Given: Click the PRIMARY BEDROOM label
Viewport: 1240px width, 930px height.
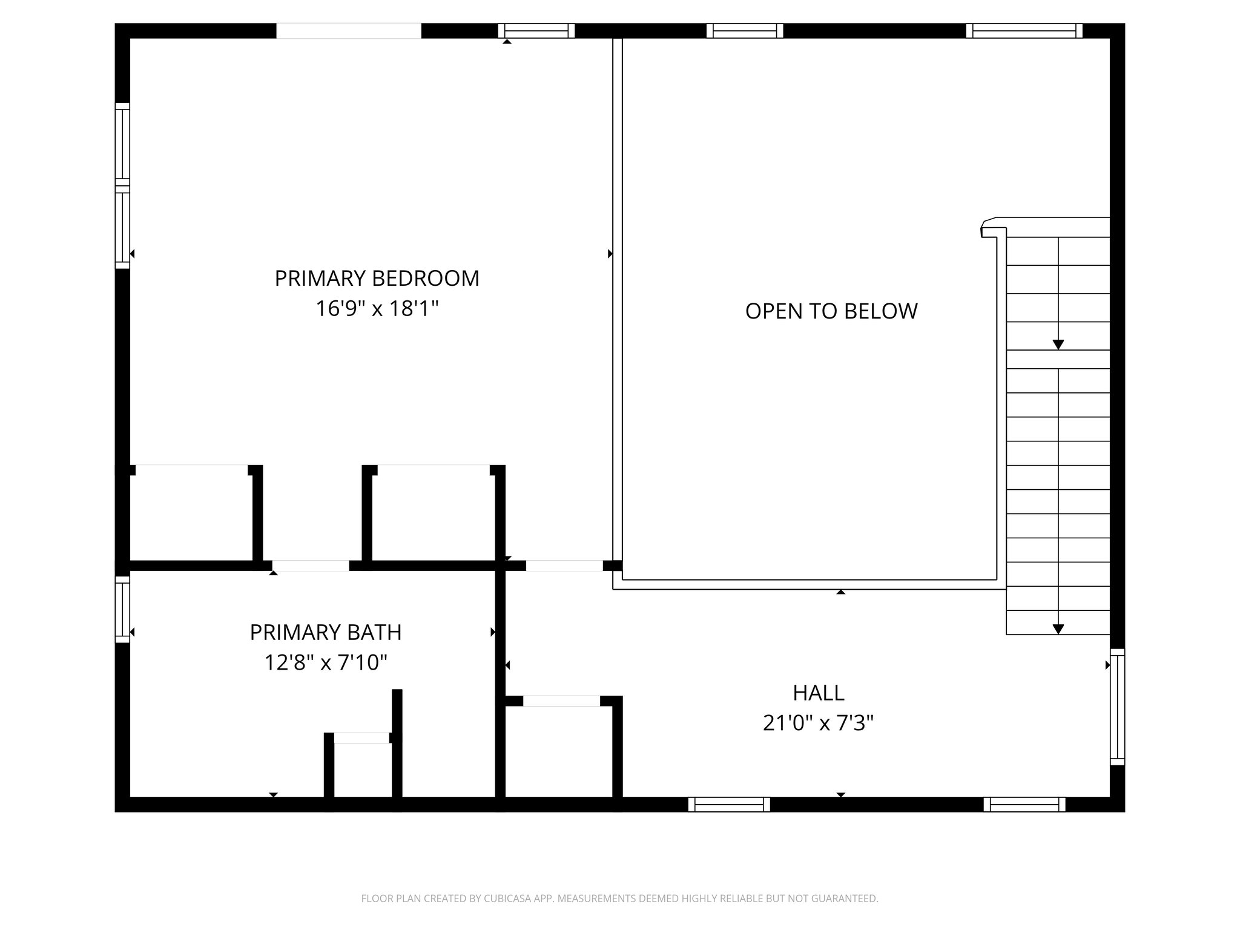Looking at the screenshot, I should point(377,279).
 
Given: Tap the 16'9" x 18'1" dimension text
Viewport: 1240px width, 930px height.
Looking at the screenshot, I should point(377,309).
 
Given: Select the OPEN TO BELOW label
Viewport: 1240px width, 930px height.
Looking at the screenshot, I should point(831,311).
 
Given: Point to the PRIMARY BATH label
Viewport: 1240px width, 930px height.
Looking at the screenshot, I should point(326,633).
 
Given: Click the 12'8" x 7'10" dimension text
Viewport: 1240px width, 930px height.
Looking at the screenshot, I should point(326,663).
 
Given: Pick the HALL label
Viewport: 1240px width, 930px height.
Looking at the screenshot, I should point(819,693).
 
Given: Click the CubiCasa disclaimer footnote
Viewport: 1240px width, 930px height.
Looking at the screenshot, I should point(619,899).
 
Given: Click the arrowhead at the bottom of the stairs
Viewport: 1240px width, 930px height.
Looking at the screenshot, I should point(1058,629).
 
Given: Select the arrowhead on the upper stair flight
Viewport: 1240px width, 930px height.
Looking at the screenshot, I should point(1058,345).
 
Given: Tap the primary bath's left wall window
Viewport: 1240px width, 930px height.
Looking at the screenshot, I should point(122,609).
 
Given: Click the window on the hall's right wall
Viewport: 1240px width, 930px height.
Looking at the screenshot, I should point(1117,707).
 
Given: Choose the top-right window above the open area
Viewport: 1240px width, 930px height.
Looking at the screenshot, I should point(1024,31).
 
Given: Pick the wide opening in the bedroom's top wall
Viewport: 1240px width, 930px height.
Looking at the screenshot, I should point(349,31).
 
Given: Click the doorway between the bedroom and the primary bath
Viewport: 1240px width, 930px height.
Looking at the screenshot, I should point(311,566).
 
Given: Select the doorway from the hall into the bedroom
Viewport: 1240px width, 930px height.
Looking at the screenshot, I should point(564,566).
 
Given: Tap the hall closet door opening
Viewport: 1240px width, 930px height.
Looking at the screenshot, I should point(561,701).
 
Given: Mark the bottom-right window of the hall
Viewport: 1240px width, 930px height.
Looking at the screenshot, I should point(1024,804).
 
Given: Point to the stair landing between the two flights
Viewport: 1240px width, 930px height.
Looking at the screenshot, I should point(1058,359).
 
